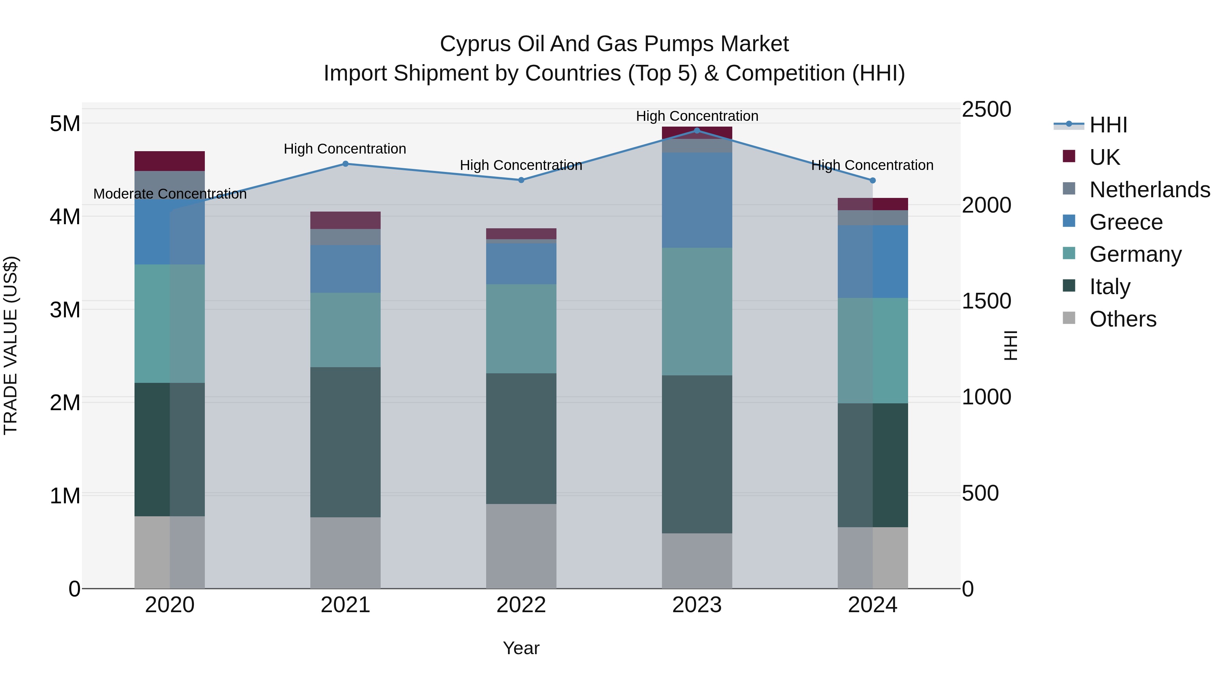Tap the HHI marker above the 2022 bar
pos(521,180)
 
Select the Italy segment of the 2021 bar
pos(345,442)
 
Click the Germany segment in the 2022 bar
pos(521,329)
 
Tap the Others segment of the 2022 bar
pos(521,546)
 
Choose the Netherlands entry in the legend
pos(1149,190)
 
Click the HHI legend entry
pos(1108,125)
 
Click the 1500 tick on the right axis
pos(986,301)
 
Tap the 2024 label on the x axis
pos(872,605)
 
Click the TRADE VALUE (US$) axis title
pos(11,345)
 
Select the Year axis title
pos(521,648)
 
